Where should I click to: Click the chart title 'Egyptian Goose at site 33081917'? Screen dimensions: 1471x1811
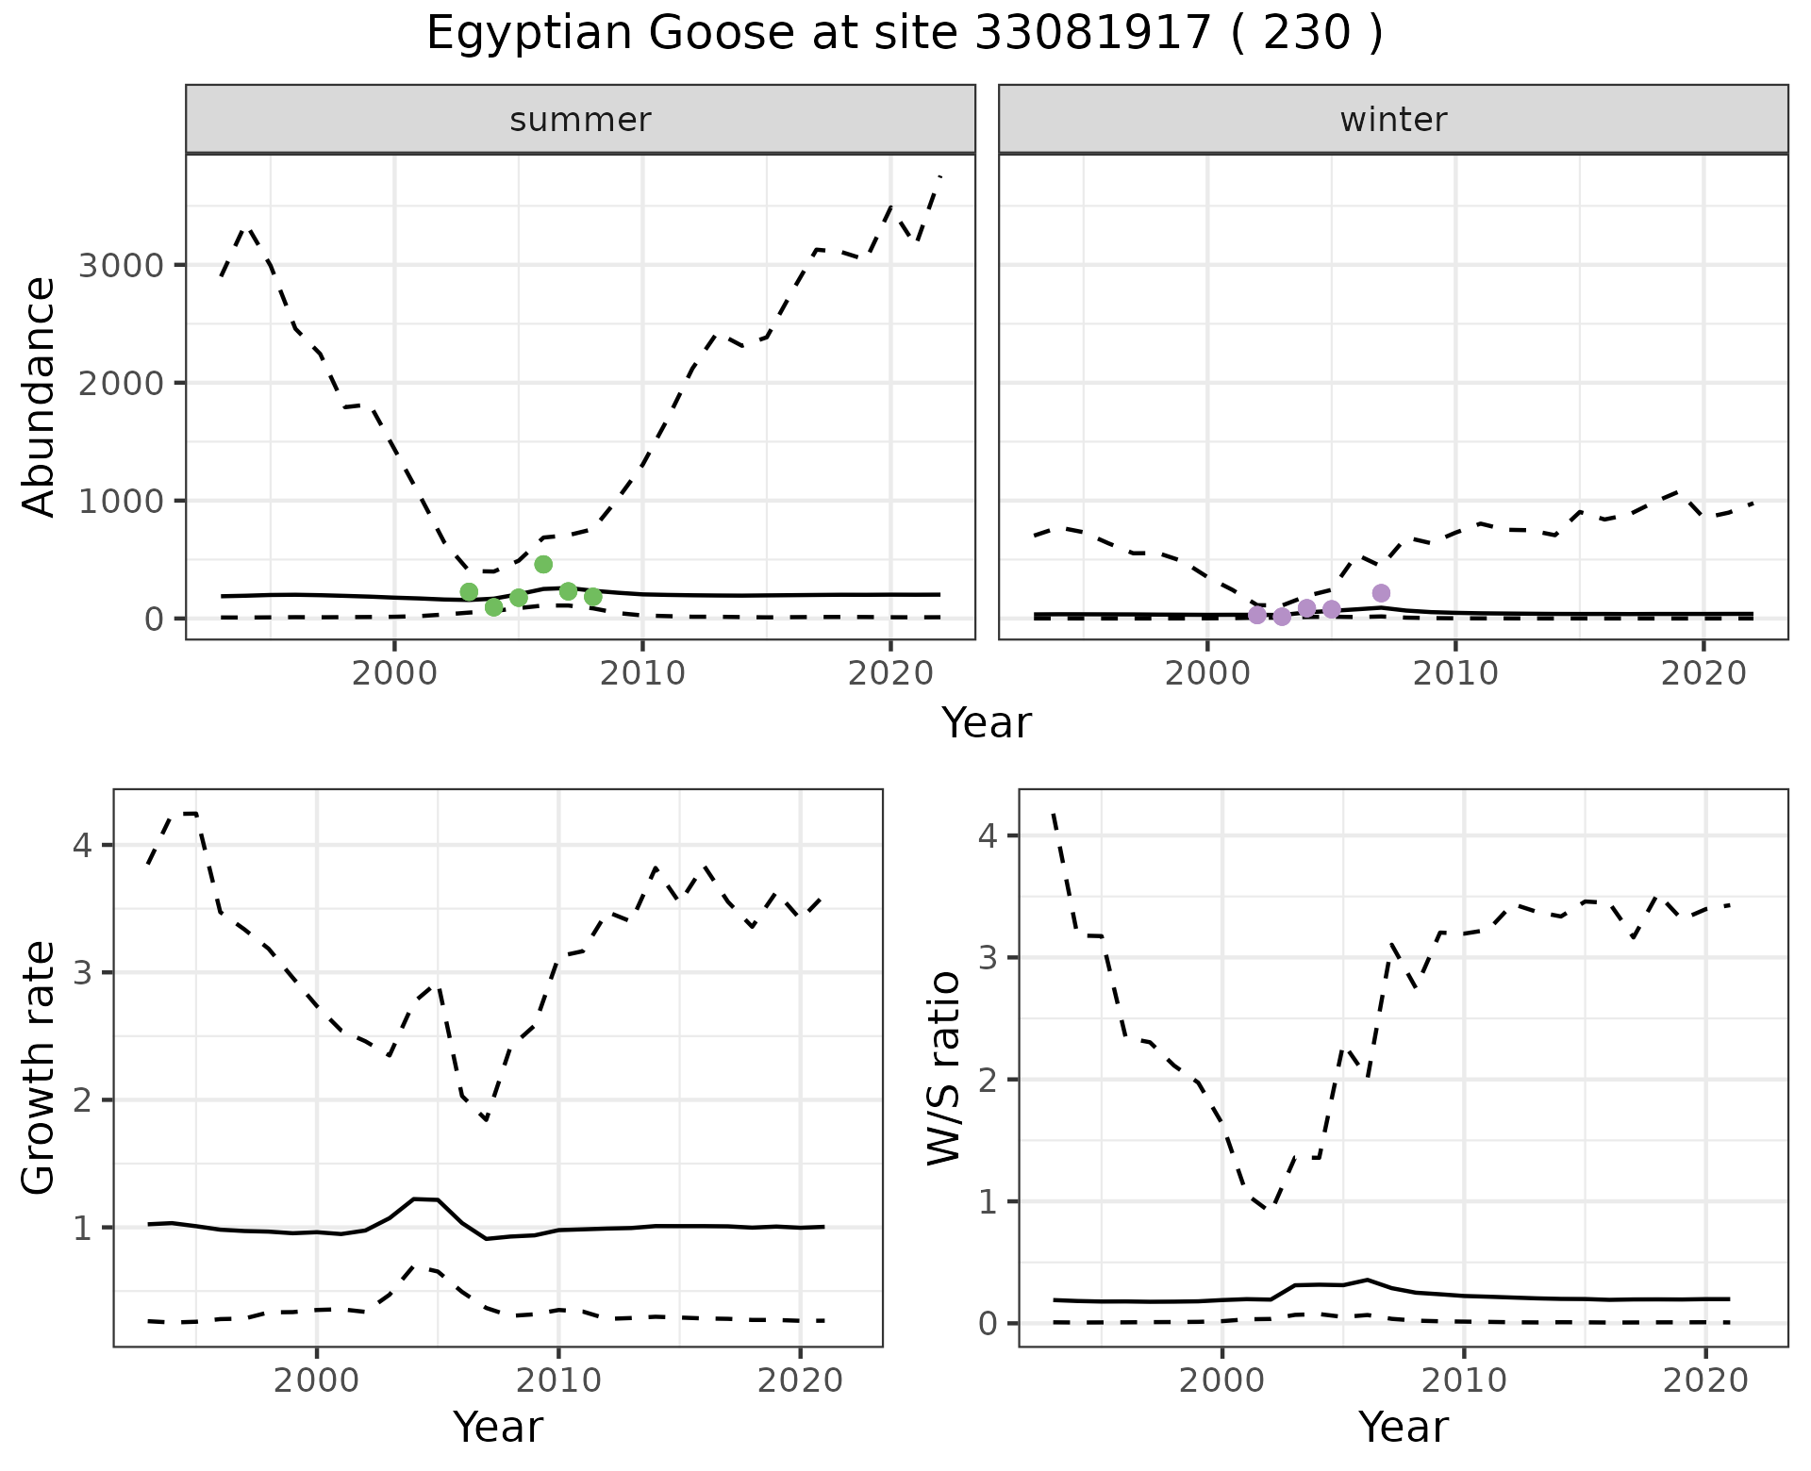tap(904, 35)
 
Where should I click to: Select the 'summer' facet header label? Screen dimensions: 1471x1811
tap(580, 120)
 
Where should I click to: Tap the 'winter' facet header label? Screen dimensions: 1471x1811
tap(1393, 120)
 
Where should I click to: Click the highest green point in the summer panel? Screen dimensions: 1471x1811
tap(543, 564)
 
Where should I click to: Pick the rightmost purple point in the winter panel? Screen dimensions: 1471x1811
tap(1381, 593)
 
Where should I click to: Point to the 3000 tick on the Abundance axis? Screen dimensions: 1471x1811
tap(125, 265)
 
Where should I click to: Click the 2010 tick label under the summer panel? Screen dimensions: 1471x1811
tap(642, 673)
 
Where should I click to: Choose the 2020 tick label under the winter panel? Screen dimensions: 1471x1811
tap(1703, 673)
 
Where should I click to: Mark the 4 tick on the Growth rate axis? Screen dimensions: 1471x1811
tap(83, 845)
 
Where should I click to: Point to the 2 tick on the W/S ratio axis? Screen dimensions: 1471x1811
tap(989, 1079)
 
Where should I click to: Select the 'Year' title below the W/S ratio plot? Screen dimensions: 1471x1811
tap(1404, 1428)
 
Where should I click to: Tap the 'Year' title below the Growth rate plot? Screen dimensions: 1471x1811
tap(498, 1428)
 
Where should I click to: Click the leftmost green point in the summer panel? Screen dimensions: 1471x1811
tap(469, 591)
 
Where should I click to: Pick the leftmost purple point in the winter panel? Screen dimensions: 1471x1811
tap(1257, 615)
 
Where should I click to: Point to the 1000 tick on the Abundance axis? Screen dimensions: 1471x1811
tap(125, 501)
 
